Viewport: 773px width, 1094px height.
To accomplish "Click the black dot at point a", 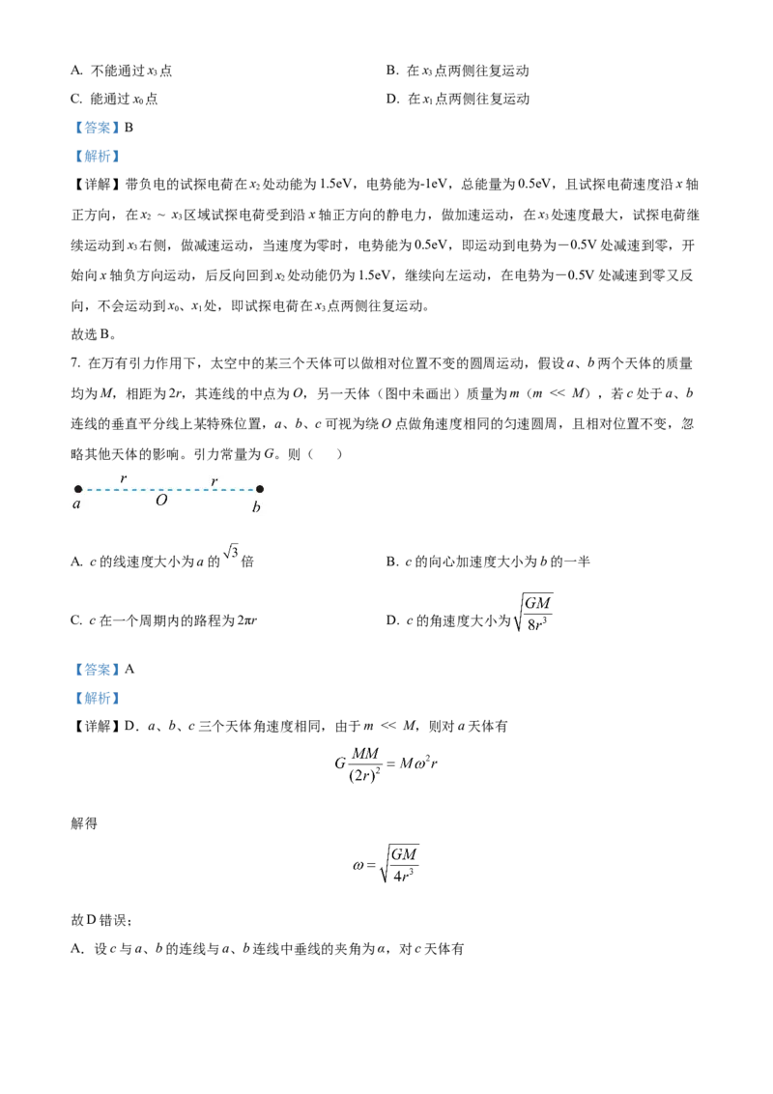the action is click(78, 489).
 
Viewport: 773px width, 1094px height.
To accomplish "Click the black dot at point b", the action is click(259, 489).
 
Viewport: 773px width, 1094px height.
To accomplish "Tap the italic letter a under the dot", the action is click(77, 504).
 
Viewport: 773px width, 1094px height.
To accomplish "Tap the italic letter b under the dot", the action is click(256, 506).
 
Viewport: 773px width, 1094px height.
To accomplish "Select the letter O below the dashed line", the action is click(161, 501).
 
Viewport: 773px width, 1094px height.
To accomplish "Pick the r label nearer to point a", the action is click(123, 478).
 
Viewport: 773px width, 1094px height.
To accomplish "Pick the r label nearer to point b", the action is click(214, 480).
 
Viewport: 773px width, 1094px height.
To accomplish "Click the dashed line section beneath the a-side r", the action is click(123, 489).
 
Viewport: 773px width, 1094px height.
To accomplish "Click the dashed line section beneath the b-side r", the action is click(214, 489).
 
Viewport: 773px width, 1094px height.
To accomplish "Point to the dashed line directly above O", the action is click(161, 489).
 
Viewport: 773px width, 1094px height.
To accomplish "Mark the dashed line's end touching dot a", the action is click(85, 489).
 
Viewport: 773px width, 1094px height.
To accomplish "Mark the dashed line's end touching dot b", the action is click(252, 489).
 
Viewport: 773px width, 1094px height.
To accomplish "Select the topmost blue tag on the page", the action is click(97, 128).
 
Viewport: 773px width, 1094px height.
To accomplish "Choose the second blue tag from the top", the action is click(97, 156).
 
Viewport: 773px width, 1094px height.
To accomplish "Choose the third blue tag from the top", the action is click(97, 669).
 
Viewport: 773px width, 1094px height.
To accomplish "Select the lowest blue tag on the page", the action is click(97, 698).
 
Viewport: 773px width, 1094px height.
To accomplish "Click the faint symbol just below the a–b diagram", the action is click(232, 550).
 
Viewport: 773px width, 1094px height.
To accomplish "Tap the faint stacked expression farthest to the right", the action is click(530, 612).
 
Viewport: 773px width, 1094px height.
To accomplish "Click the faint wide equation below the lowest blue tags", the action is click(386, 763).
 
